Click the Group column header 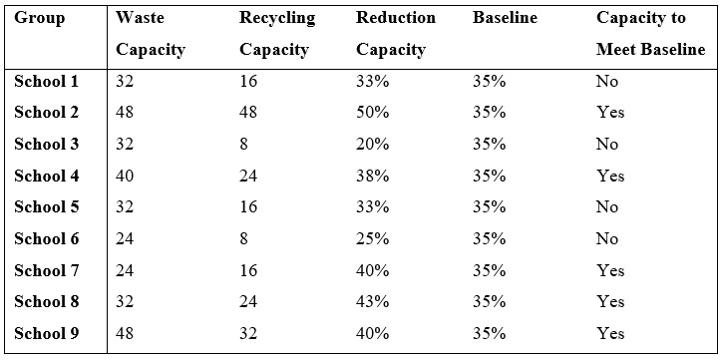39,18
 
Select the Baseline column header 504,18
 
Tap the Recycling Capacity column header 276,33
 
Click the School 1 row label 47,81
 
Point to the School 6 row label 47,238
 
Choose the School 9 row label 47,333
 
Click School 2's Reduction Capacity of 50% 372,112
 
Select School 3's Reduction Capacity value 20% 372,144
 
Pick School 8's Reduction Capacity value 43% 372,301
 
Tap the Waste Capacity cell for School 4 126,176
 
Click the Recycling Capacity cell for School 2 248,112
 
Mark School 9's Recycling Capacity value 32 248,333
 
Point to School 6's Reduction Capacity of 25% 372,238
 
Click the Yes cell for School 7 609,270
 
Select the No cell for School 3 606,144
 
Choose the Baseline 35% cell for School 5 489,206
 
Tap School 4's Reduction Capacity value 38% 372,176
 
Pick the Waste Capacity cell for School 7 126,270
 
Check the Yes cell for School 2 609,112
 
